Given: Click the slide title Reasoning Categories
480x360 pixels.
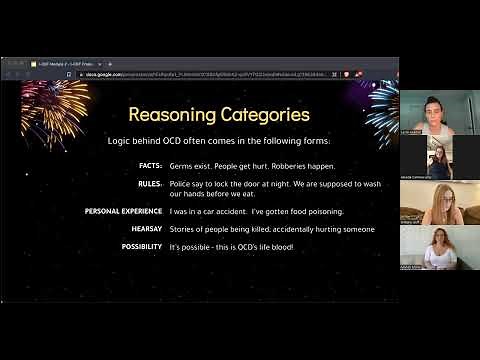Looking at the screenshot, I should [x=219, y=115].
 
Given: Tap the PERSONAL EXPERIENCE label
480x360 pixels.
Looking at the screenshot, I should [x=123, y=211].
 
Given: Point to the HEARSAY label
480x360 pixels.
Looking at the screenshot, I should [x=142, y=229].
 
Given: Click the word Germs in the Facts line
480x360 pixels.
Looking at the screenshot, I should [x=181, y=165].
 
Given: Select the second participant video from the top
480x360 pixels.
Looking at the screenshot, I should [x=438, y=157].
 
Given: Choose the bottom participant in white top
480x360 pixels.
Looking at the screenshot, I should [x=437, y=247].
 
